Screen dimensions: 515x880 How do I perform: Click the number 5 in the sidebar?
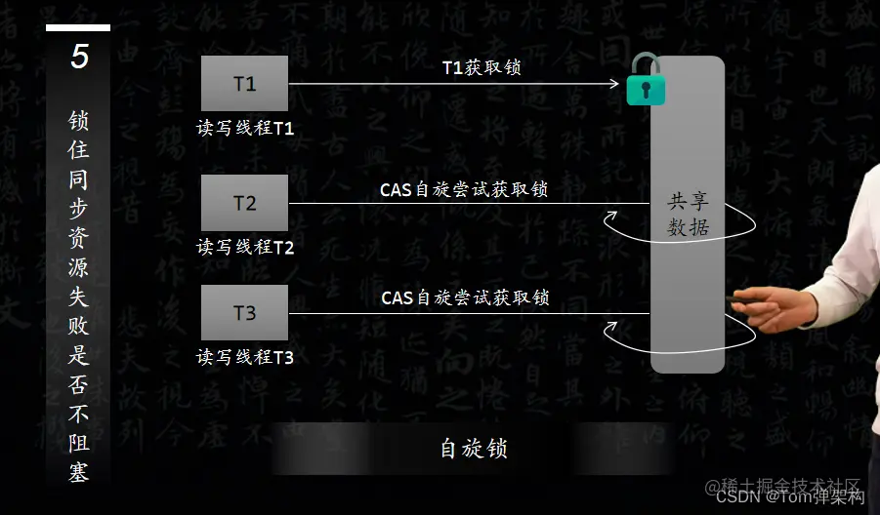tap(79, 57)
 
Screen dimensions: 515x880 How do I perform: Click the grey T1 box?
tap(244, 84)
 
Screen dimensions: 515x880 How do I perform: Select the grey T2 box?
tap(244, 203)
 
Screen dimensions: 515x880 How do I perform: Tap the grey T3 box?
tap(244, 313)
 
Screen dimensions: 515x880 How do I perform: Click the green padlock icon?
tap(645, 81)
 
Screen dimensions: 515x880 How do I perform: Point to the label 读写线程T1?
tap(245, 129)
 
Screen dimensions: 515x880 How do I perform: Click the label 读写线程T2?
tap(245, 248)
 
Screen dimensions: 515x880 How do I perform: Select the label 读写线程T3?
tap(245, 357)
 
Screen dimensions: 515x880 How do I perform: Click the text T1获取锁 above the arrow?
tap(481, 67)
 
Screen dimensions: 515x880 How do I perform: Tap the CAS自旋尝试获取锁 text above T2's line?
tap(464, 189)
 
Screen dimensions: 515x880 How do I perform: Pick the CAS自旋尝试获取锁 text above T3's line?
tap(465, 297)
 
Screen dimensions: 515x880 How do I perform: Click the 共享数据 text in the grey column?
tap(688, 215)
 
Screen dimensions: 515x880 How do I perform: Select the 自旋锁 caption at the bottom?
tap(474, 449)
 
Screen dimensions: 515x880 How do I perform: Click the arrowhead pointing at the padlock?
tap(614, 84)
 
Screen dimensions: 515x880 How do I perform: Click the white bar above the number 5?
tap(78, 28)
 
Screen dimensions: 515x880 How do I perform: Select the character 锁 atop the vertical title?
tap(79, 121)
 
